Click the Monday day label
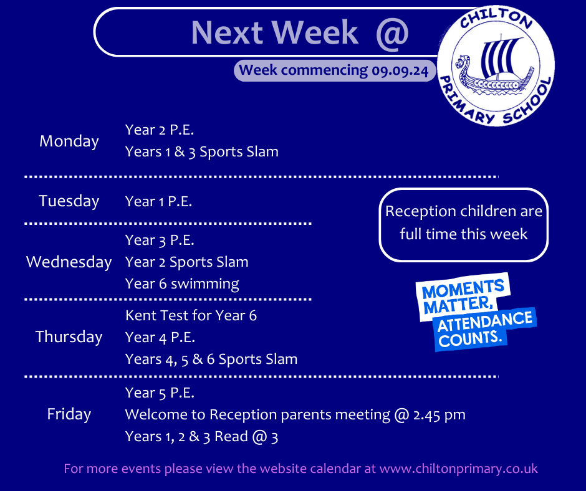(x=69, y=141)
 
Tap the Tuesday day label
(x=69, y=201)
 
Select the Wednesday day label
(x=69, y=262)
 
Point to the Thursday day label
(x=69, y=336)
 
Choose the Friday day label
(x=69, y=414)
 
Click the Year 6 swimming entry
(x=183, y=284)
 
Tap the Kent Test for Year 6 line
(x=191, y=316)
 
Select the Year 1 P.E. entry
(x=158, y=201)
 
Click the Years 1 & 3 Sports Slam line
(x=202, y=152)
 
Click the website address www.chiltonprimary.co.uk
(x=459, y=469)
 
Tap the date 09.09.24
(x=400, y=70)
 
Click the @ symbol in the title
(x=392, y=33)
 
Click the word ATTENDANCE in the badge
(x=485, y=322)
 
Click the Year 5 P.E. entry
(x=160, y=393)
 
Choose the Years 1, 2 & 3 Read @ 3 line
(x=202, y=436)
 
